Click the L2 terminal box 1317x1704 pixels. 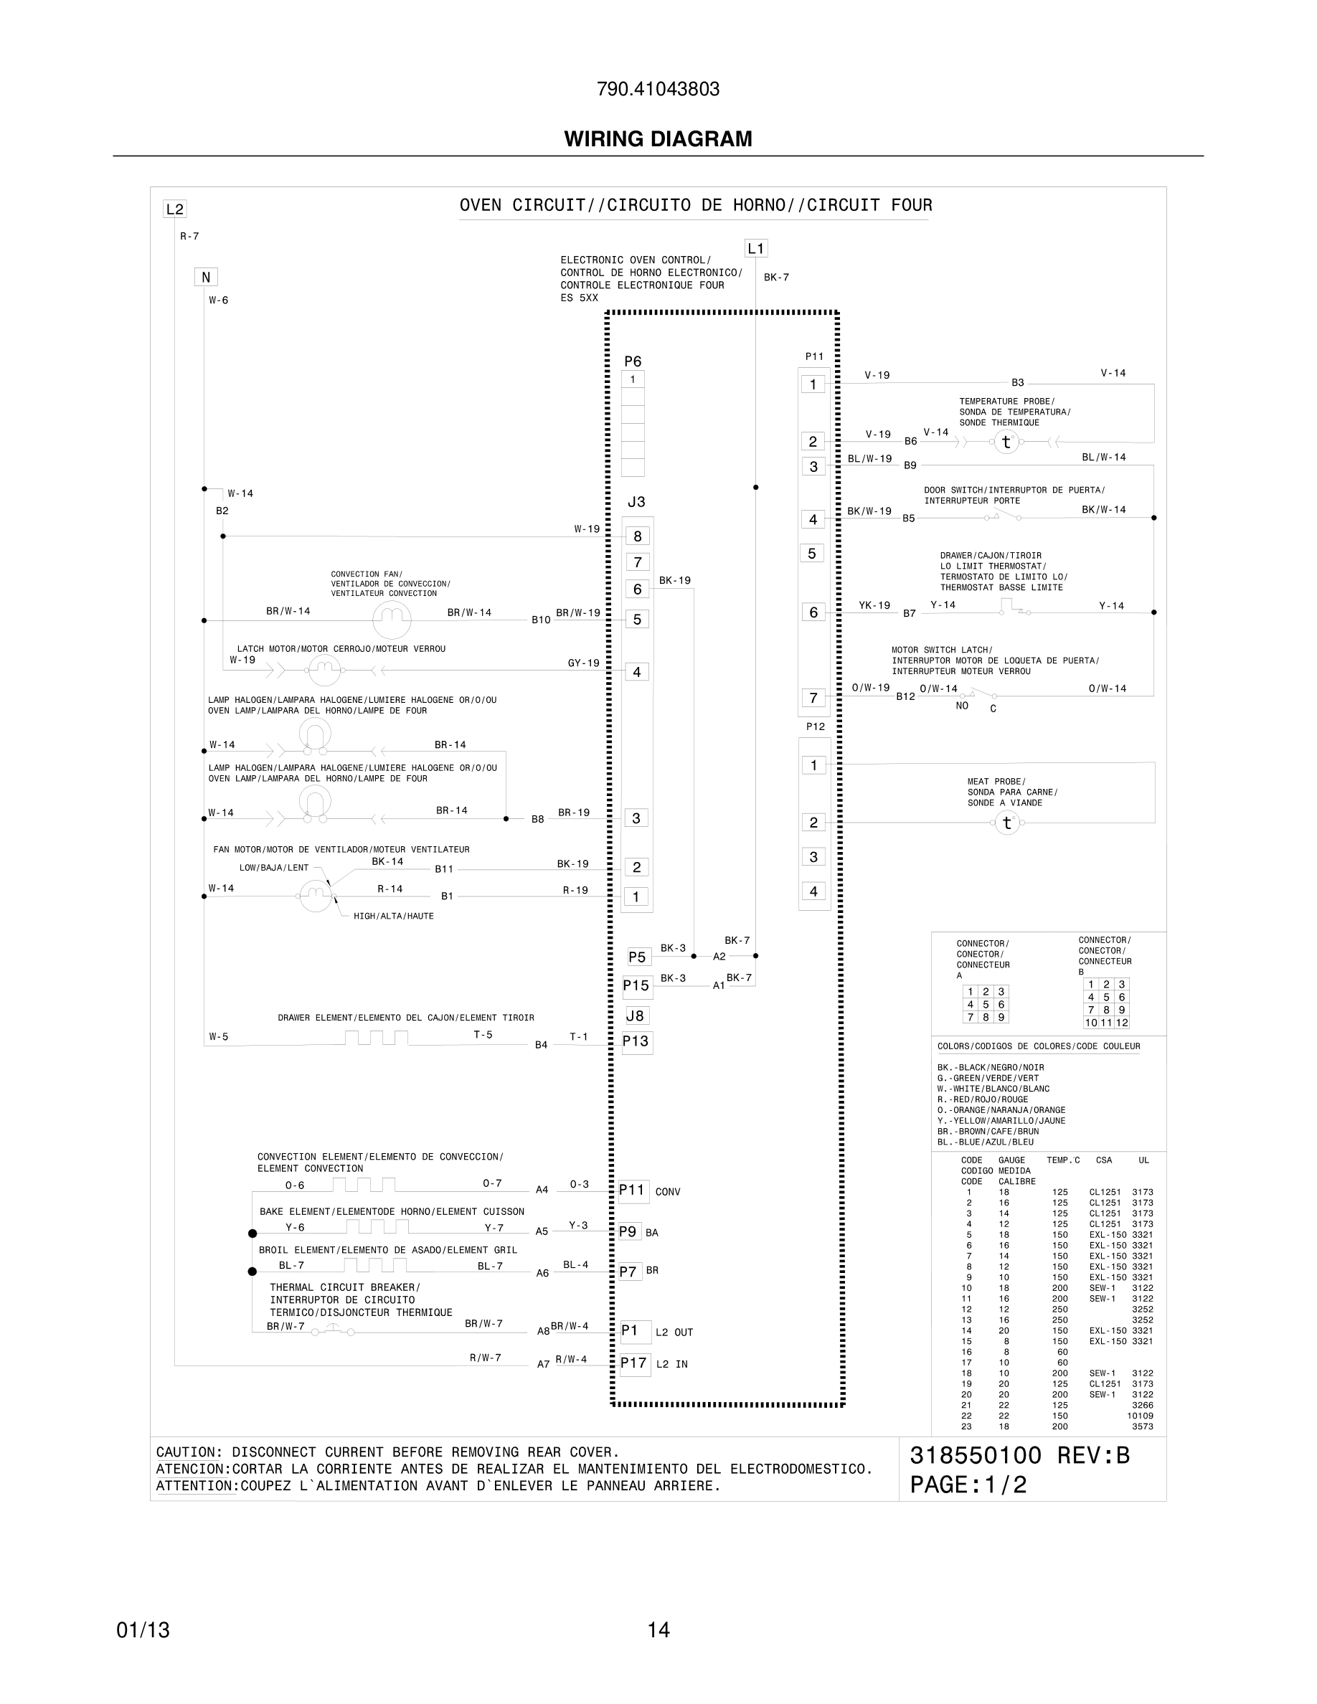(x=175, y=209)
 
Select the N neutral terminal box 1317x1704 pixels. (x=206, y=277)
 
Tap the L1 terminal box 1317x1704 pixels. (x=756, y=249)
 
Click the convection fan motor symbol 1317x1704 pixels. (x=392, y=620)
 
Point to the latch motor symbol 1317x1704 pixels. (x=324, y=668)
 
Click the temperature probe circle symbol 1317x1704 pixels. (x=1006, y=442)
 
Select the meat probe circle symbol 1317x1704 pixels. (x=1007, y=823)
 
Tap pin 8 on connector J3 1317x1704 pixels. (x=638, y=536)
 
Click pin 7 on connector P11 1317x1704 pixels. (x=813, y=698)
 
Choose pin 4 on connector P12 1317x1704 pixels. (x=813, y=891)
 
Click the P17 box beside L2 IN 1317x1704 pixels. (x=634, y=1363)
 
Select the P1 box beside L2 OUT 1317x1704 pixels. (x=634, y=1330)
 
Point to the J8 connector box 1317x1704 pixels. (x=636, y=1015)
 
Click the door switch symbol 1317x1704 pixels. (x=1006, y=516)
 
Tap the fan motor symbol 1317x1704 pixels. (x=316, y=896)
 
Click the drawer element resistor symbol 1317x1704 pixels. (x=376, y=1038)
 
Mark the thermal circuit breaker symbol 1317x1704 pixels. (x=334, y=1331)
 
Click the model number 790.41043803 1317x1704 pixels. (x=658, y=90)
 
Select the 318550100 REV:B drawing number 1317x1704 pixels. (x=1020, y=1456)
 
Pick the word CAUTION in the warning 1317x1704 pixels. (x=187, y=1452)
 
